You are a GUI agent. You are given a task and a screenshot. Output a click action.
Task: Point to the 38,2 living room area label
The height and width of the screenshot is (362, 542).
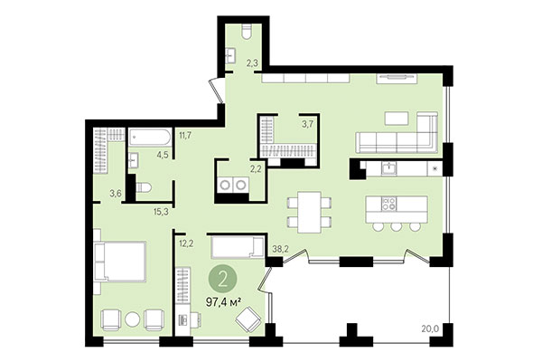(x=280, y=247)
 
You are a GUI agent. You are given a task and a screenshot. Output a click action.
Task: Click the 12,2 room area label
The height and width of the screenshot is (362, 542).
(x=187, y=243)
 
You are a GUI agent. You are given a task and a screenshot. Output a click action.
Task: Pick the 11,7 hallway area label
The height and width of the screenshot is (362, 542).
(x=186, y=136)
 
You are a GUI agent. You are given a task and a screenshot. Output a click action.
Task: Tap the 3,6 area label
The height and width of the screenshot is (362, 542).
(x=116, y=193)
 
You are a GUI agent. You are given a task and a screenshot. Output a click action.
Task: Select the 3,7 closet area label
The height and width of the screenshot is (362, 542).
(x=307, y=124)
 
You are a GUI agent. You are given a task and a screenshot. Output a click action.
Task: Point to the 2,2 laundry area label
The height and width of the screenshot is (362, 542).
(x=255, y=167)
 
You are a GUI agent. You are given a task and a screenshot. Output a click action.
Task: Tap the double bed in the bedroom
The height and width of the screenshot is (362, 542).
(x=120, y=261)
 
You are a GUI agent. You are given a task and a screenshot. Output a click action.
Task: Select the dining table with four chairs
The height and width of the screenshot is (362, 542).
(x=307, y=211)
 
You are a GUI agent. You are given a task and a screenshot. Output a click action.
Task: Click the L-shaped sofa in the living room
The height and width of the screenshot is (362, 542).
(x=397, y=140)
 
